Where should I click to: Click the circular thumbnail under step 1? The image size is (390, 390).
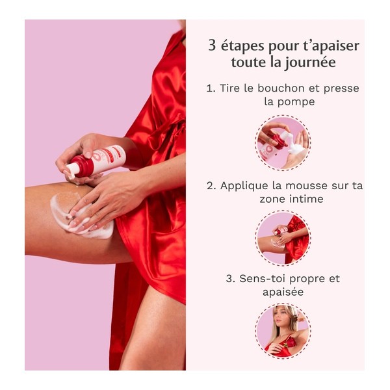(283, 142)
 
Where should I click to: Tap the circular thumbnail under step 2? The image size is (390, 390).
(283, 238)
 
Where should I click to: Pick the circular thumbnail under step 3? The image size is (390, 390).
(283, 331)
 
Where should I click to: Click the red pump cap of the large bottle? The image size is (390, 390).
(80, 166)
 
